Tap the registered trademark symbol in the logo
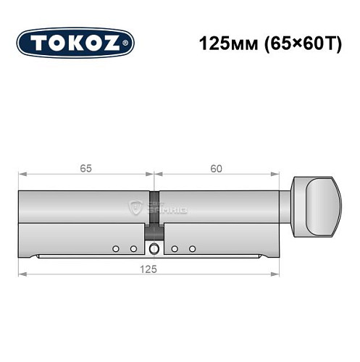click(x=129, y=44)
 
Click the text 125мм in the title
click(x=225, y=43)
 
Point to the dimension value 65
click(x=85, y=169)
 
